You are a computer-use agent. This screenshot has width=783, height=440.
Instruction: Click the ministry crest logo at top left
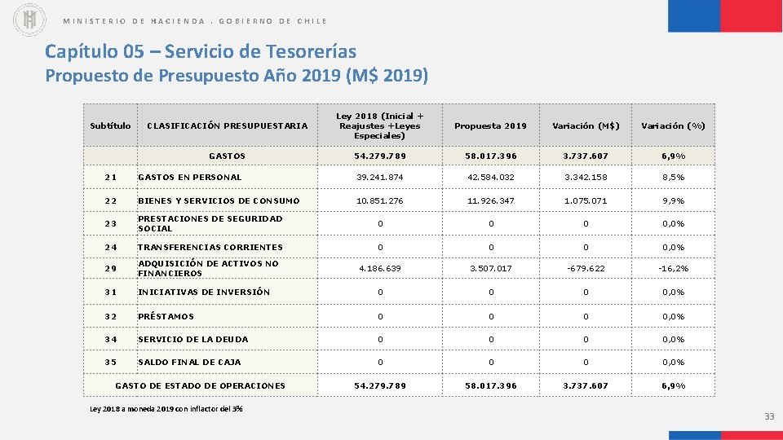(x=30, y=20)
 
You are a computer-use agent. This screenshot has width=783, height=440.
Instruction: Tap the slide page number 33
(x=769, y=417)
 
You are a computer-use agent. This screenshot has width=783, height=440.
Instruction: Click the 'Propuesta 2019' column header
(x=490, y=125)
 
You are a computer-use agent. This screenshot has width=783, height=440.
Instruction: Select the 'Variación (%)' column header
(x=673, y=125)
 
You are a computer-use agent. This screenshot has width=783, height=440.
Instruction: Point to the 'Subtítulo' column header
(x=110, y=125)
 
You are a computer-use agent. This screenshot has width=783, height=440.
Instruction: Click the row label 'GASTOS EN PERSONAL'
(x=190, y=177)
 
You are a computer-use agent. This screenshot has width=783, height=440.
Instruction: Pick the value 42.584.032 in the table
(x=490, y=177)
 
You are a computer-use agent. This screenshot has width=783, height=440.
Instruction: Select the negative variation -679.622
(x=586, y=268)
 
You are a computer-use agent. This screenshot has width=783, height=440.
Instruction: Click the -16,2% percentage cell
(x=673, y=268)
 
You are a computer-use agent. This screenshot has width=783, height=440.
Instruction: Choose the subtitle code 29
(x=110, y=268)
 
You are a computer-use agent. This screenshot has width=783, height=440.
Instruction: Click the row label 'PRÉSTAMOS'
(x=166, y=316)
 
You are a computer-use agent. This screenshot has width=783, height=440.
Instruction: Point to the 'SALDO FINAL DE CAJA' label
(x=189, y=362)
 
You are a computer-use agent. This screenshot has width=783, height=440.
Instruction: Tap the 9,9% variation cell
(x=673, y=200)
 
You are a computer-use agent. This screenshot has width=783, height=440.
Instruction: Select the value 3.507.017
(x=490, y=268)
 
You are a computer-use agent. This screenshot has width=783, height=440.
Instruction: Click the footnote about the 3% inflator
(x=166, y=408)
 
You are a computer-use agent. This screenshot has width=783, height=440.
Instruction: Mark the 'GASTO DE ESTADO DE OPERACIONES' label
(x=201, y=385)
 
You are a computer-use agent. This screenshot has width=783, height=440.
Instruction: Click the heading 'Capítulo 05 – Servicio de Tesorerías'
(x=201, y=51)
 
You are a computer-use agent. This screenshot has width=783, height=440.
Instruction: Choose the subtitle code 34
(x=110, y=339)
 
